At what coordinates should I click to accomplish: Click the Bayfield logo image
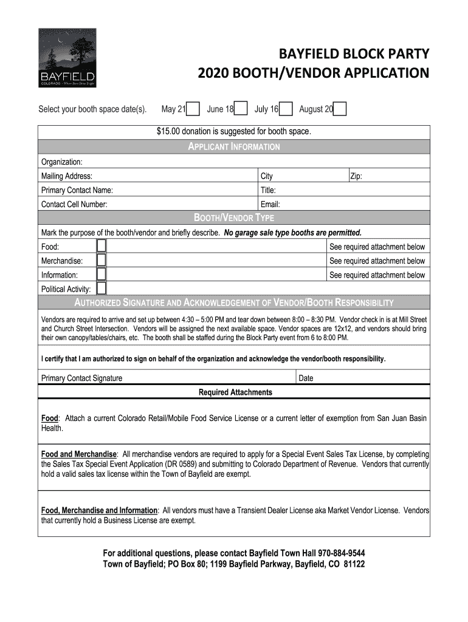66,58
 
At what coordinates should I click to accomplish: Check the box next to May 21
193,109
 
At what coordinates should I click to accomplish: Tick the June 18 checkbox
241,109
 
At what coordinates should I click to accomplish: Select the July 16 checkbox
286,109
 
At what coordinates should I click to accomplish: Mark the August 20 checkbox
340,109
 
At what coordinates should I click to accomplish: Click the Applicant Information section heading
234,147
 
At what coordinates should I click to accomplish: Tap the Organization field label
61,162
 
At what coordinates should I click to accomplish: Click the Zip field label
356,176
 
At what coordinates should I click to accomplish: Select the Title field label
268,190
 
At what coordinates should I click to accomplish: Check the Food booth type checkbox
102,246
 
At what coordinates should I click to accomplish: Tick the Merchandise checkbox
102,261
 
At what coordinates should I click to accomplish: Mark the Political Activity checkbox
102,289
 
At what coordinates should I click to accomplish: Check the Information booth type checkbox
102,275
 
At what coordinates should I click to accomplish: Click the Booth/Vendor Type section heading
234,218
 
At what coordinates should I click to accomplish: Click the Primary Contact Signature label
81,378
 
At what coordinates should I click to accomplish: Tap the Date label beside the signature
306,378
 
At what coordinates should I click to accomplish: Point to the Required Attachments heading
235,392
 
